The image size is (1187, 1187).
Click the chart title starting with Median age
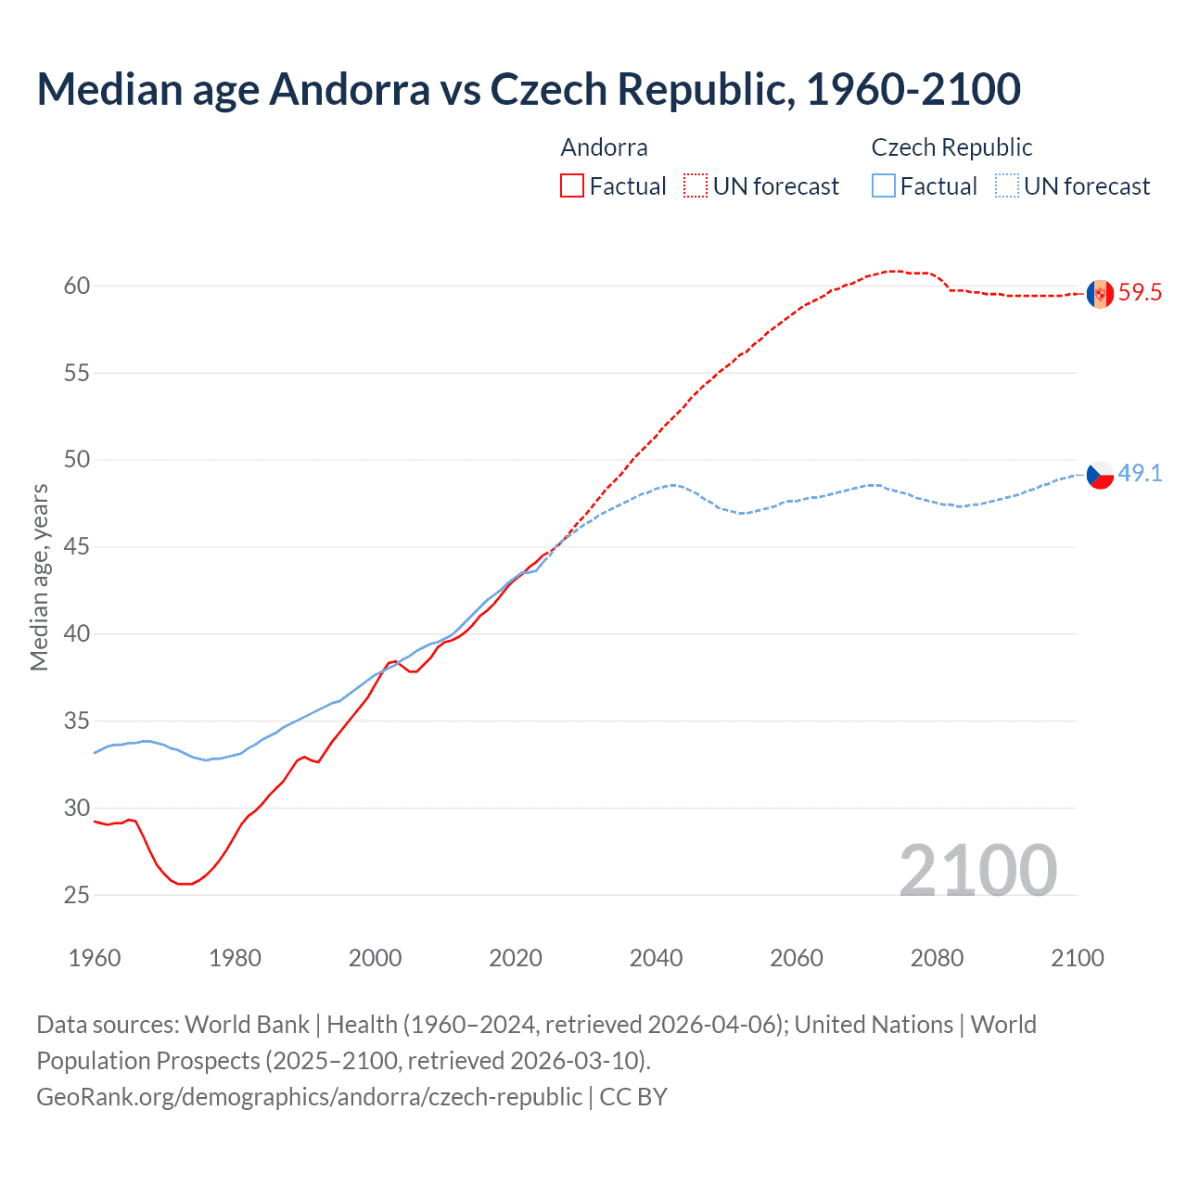(x=529, y=89)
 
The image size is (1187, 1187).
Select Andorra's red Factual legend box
(x=572, y=186)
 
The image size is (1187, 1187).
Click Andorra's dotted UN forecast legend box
(x=696, y=186)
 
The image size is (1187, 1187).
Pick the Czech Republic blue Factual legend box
(x=884, y=186)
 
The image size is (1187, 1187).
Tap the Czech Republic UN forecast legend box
(x=1007, y=186)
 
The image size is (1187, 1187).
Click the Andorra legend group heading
(x=604, y=147)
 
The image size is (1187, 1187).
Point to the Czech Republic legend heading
(x=951, y=147)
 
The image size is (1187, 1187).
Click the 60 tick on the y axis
(x=77, y=286)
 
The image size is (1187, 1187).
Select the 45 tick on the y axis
(x=77, y=547)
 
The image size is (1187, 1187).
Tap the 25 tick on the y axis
(x=77, y=895)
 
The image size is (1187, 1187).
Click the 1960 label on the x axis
(x=95, y=958)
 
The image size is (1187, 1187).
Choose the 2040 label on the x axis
(x=656, y=958)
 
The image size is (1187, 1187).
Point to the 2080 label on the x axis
(x=937, y=958)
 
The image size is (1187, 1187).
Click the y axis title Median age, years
(x=39, y=577)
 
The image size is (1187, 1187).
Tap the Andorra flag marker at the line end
(x=1100, y=294)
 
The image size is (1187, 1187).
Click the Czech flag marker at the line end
(x=1100, y=474)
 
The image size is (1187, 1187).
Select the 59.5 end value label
(x=1140, y=293)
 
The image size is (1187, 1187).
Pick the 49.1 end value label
(x=1140, y=473)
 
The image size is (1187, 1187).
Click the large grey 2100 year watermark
(x=977, y=870)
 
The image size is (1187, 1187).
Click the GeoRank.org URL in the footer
(x=309, y=1096)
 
